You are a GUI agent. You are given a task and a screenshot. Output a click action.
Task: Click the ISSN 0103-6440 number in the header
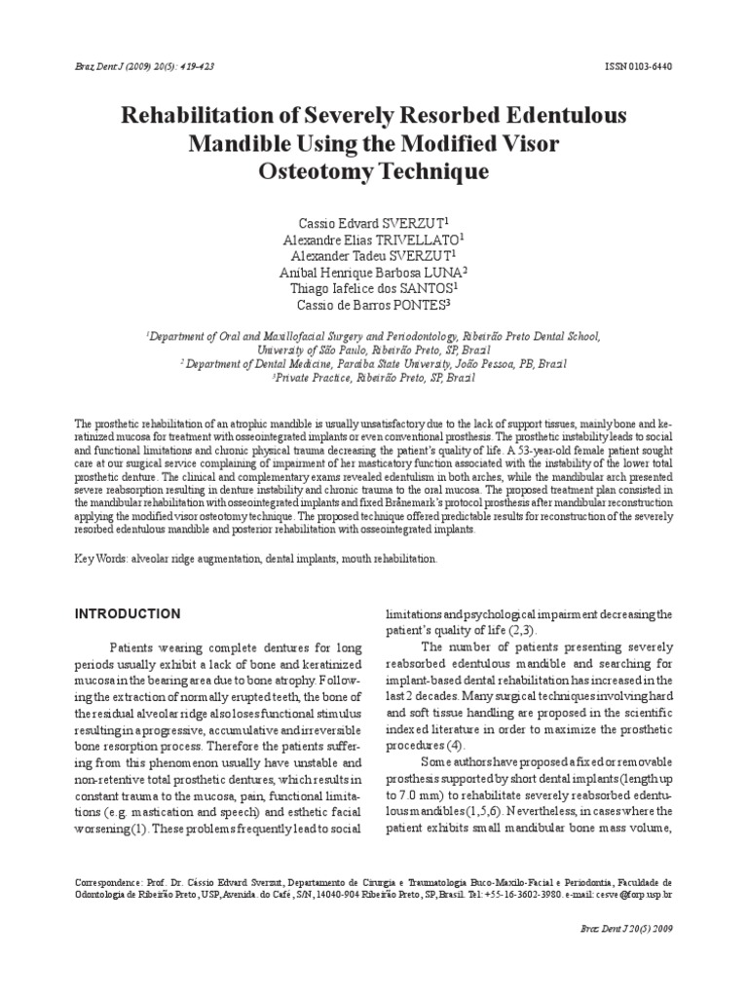click(x=638, y=66)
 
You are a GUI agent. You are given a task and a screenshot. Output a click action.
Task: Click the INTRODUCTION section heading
click(x=128, y=614)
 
